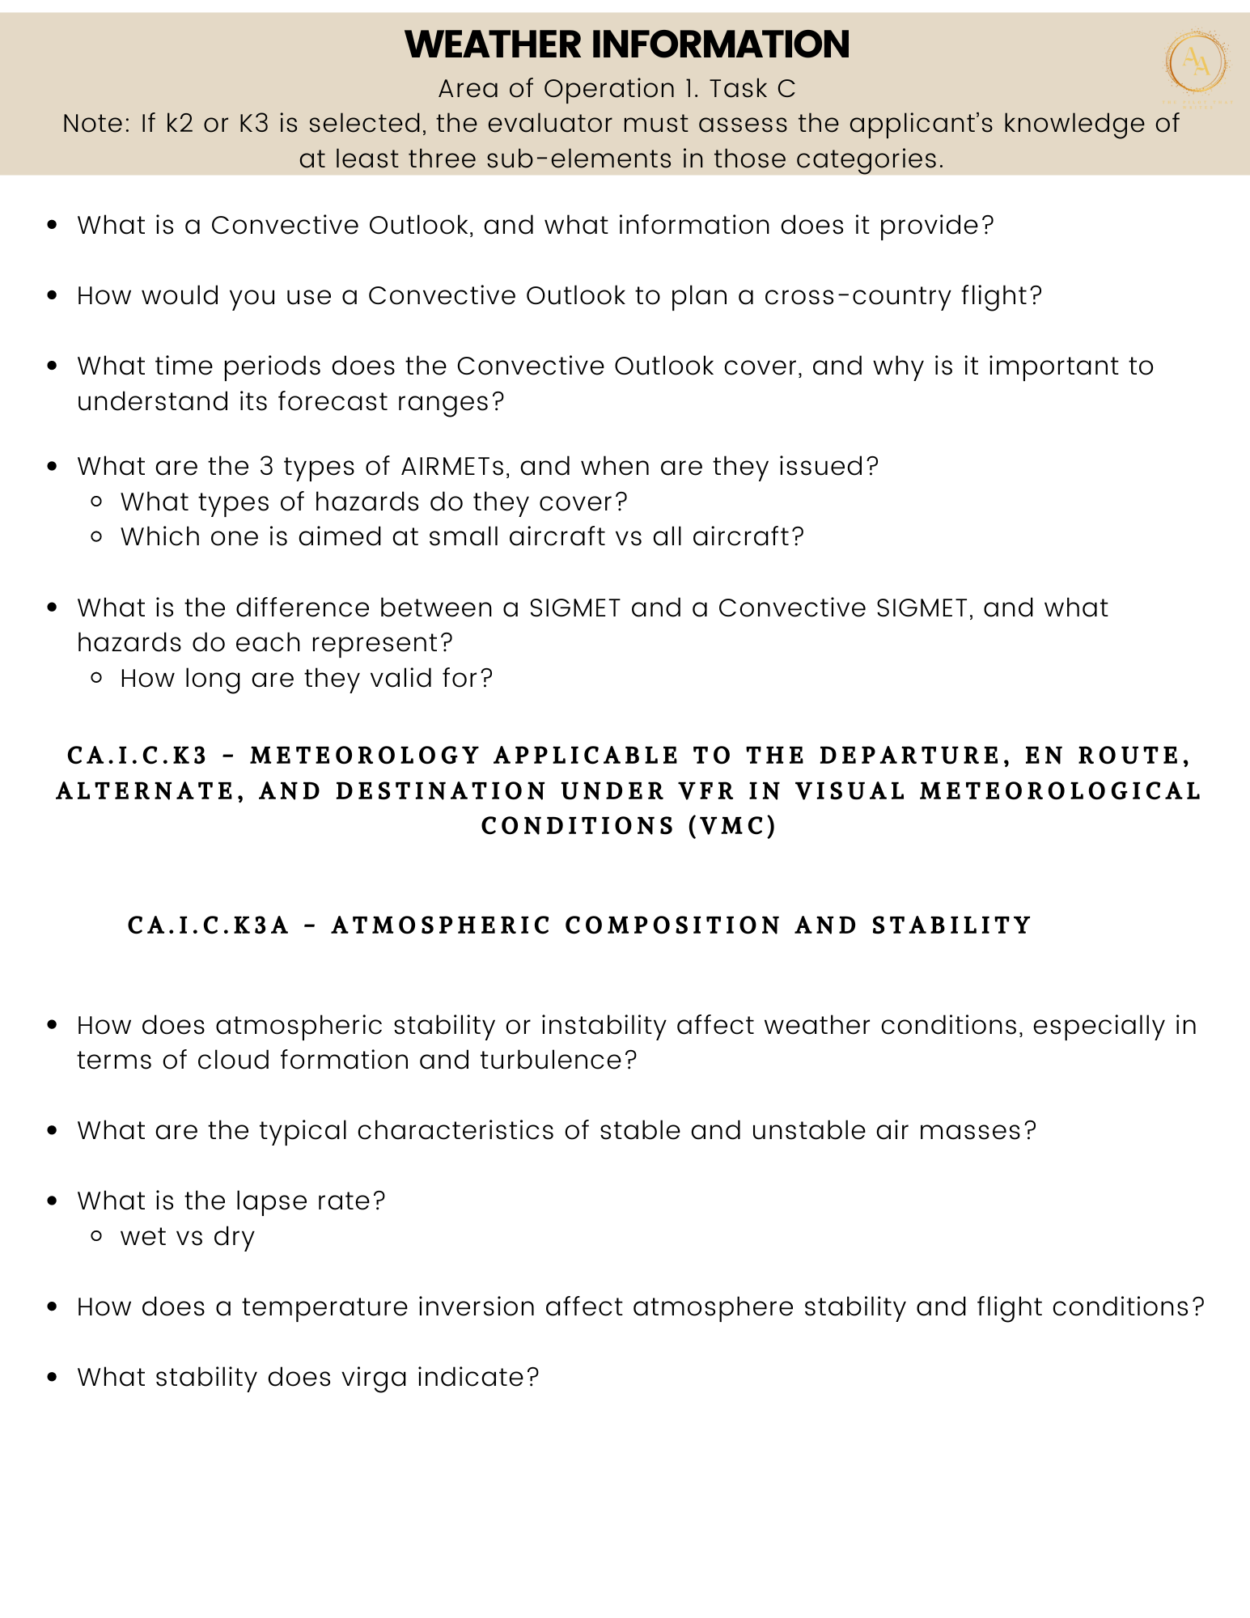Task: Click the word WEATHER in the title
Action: tap(493, 44)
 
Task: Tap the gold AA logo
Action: tap(1197, 63)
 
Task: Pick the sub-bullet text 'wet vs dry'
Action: tap(188, 1237)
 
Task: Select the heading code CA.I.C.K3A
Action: tap(208, 925)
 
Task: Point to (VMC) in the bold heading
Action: tap(732, 826)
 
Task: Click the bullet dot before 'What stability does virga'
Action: tap(53, 1378)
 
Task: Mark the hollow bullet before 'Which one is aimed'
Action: tap(97, 537)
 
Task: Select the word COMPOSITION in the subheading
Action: tap(672, 925)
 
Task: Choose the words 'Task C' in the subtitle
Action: tap(752, 89)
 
